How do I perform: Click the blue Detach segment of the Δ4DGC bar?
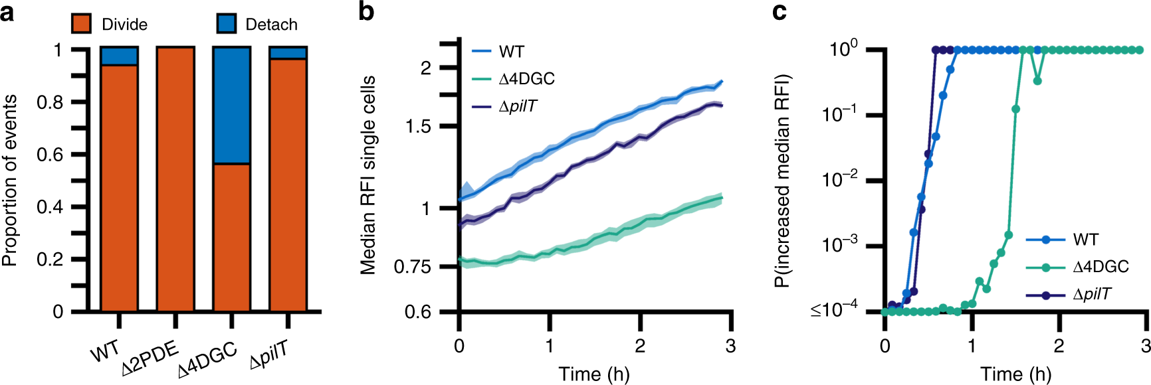click(232, 105)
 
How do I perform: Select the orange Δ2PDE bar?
click(175, 179)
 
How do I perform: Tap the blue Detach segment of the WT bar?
click(119, 56)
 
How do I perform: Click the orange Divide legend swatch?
click(81, 24)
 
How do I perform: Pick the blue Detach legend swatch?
click(227, 24)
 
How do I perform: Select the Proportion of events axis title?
click(11, 181)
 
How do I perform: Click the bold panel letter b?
click(366, 11)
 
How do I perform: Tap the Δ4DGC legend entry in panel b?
click(526, 79)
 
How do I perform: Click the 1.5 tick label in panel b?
click(419, 126)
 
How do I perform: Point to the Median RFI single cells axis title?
click(367, 175)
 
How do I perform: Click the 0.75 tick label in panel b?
click(412, 267)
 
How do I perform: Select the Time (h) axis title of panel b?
click(593, 374)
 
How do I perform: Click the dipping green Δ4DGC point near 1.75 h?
click(1037, 81)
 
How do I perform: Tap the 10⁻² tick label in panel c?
click(839, 180)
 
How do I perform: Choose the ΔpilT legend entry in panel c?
click(1092, 294)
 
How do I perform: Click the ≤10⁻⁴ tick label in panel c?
click(834, 310)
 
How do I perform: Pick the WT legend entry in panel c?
click(1085, 240)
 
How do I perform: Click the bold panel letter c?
click(780, 11)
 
